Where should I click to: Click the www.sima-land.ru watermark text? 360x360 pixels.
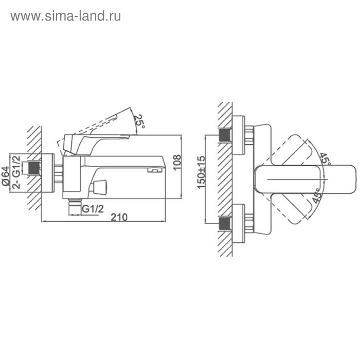(66, 16)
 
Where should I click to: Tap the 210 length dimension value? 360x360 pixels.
(119, 217)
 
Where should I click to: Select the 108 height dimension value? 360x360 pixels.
(177, 163)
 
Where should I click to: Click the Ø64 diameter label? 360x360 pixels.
(6, 176)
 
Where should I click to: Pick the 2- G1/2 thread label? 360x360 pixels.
(16, 172)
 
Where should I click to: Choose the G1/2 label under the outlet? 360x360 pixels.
(93, 209)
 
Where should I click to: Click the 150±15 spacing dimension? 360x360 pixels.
(201, 172)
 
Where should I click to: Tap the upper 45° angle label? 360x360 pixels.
(326, 158)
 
